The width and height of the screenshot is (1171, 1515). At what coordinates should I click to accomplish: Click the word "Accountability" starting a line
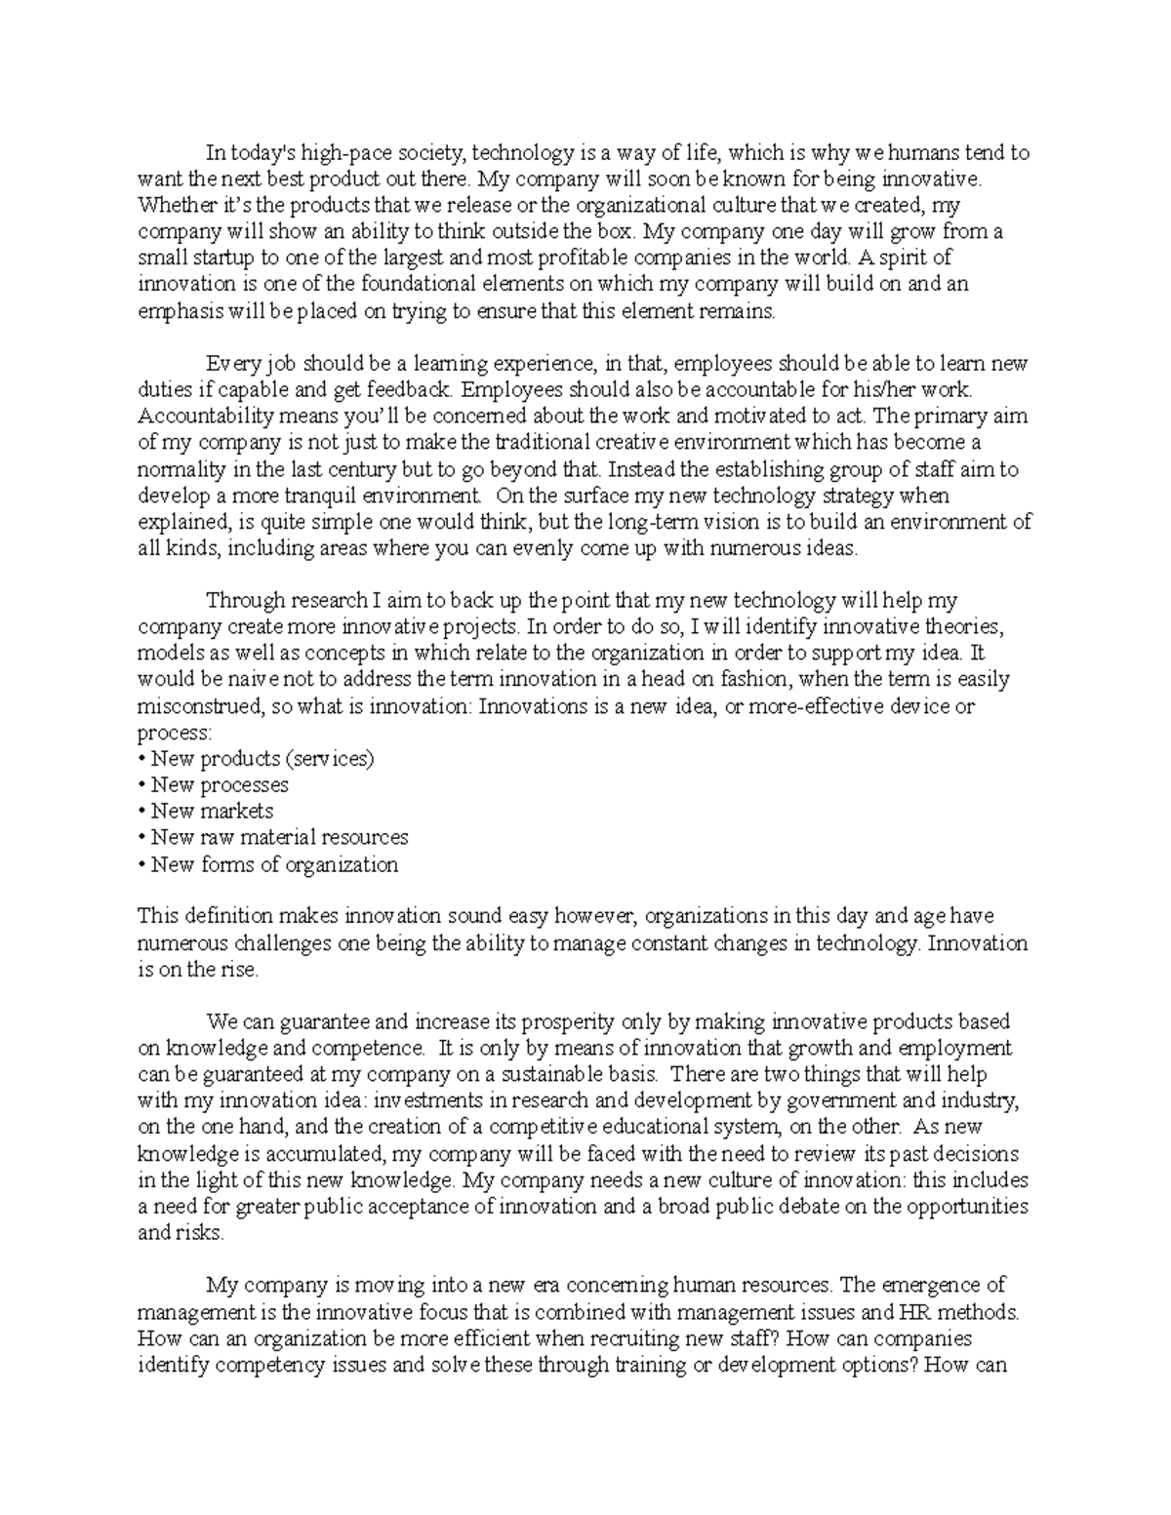tap(200, 417)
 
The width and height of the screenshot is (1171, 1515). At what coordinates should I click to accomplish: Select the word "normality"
tap(180, 469)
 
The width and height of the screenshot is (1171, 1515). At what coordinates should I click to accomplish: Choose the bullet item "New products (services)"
tap(262, 759)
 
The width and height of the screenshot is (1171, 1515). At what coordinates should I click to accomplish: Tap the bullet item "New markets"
tap(212, 812)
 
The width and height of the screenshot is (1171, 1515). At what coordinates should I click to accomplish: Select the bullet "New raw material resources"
tap(279, 838)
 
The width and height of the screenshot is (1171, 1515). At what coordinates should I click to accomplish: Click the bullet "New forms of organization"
tap(274, 864)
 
